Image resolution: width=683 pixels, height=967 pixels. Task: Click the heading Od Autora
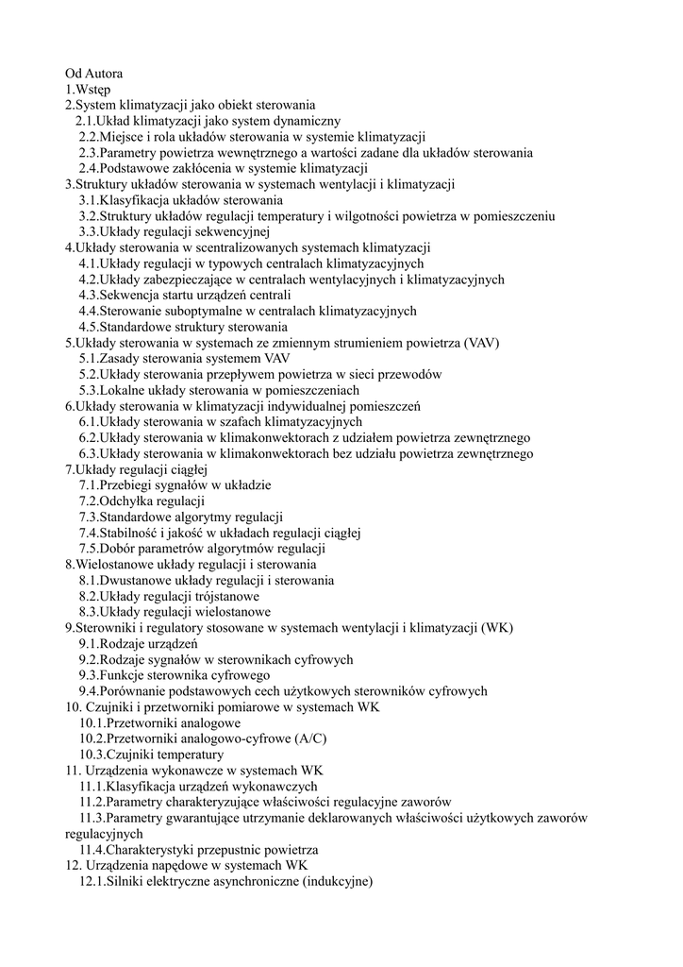[93, 73]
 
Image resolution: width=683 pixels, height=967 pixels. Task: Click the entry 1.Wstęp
[89, 89]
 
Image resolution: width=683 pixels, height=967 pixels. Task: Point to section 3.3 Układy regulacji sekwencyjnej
[175, 231]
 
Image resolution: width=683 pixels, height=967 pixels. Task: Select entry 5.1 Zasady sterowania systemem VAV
[184, 359]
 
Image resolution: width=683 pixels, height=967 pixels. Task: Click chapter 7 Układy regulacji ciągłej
[136, 469]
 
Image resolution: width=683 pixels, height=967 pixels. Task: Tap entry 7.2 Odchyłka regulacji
[142, 501]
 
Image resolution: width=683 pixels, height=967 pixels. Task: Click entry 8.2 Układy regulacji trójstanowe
[169, 597]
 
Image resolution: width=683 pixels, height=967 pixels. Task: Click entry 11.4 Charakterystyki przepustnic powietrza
[198, 850]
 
